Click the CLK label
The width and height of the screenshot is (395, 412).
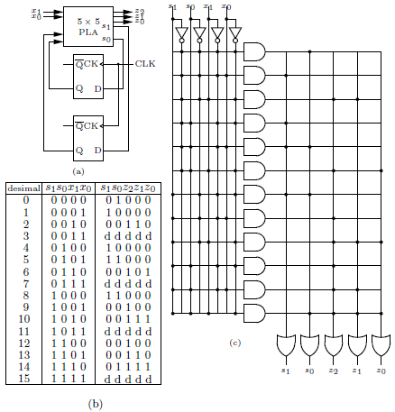tap(145, 64)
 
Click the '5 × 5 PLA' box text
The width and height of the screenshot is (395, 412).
tap(88, 26)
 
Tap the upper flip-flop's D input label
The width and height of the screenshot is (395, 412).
tap(98, 88)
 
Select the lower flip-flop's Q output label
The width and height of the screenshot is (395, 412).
tap(79, 150)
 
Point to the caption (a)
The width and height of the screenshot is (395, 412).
tap(78, 171)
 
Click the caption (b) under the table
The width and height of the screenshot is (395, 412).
tap(95, 404)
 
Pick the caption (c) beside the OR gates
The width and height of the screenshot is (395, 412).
tap(235, 343)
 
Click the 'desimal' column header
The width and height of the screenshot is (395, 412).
tap(23, 188)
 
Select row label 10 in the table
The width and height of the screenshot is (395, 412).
tap(23, 319)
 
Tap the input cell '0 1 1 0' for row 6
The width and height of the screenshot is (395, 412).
tap(69, 271)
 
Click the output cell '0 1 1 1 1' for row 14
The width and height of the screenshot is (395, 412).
tap(128, 366)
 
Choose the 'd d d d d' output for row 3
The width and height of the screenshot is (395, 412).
tap(128, 236)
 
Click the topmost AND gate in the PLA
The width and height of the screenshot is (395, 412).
tap(254, 51)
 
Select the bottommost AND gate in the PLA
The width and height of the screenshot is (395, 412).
tap(254, 314)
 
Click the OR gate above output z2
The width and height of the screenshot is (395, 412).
tap(334, 344)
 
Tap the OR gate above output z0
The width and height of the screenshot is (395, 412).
tap(381, 344)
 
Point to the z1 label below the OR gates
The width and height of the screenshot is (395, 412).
tap(357, 371)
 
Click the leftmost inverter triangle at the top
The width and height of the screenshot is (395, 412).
tap(181, 33)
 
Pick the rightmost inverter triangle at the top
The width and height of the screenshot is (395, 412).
tap(235, 33)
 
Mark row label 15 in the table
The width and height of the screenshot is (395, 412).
tap(23, 379)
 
